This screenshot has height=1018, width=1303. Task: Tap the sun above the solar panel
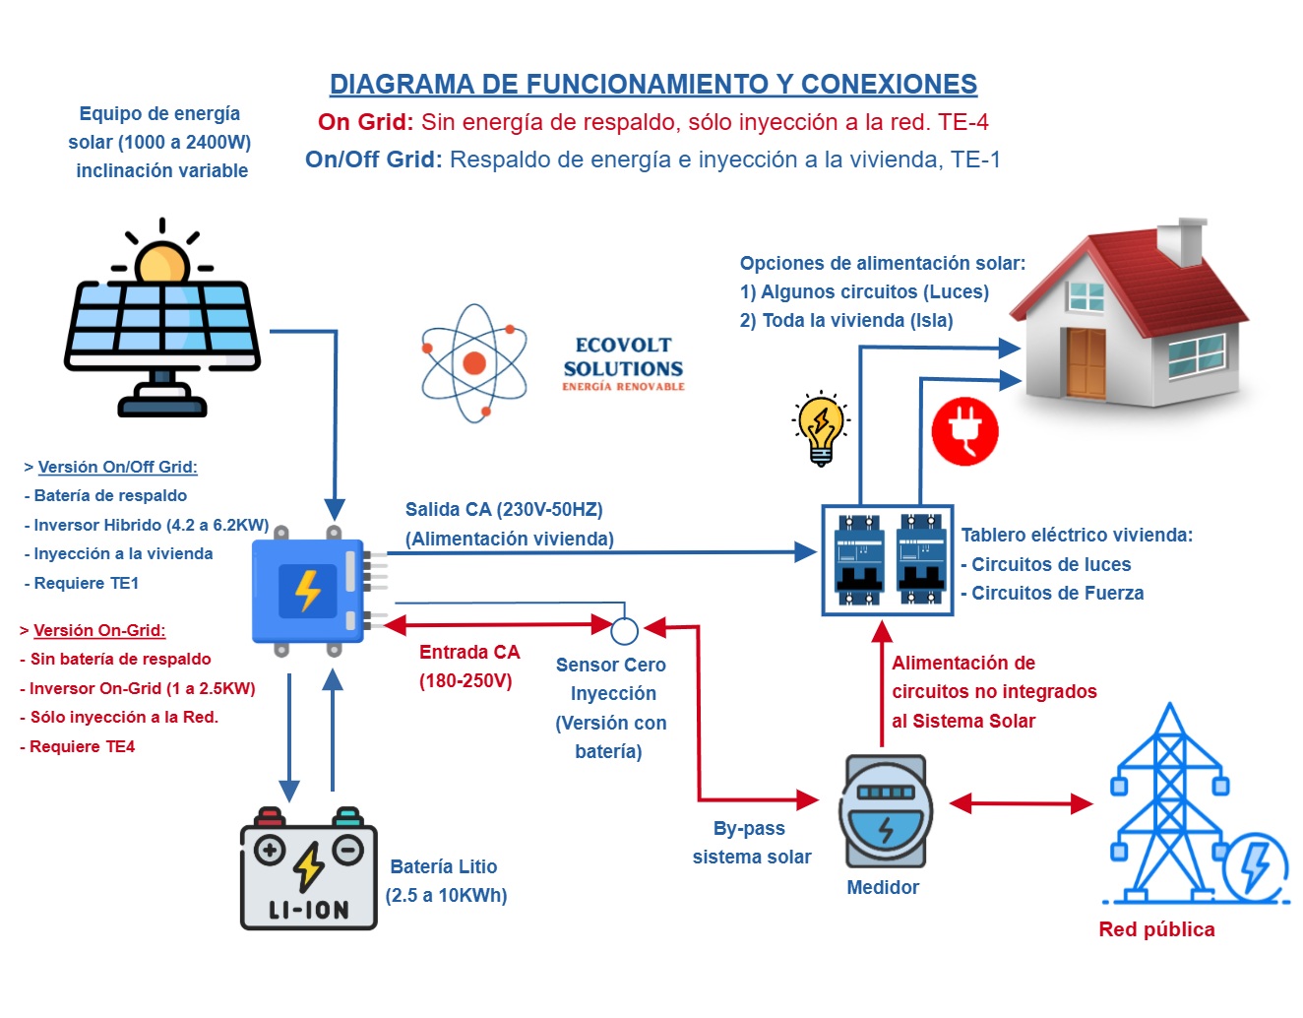[x=161, y=263]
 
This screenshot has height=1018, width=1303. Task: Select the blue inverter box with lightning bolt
[x=309, y=591]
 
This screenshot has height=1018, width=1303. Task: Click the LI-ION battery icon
[x=309, y=871]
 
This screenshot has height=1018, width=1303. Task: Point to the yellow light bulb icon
[x=821, y=427]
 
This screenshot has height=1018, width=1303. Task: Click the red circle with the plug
[x=964, y=431]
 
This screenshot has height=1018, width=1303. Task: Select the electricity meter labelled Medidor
[x=886, y=810]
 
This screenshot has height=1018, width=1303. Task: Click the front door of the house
[x=1086, y=362]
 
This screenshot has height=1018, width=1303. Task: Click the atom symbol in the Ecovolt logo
[x=474, y=362]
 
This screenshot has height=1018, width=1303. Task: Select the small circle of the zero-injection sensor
[x=624, y=630]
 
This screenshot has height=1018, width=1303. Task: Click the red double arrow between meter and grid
[x=1021, y=803]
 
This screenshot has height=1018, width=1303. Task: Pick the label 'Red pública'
[x=1156, y=929]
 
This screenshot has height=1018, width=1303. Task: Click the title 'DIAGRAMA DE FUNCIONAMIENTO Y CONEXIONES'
[x=653, y=85]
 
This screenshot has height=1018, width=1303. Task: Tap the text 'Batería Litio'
[x=444, y=866]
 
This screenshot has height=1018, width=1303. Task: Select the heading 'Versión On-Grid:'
[x=99, y=630]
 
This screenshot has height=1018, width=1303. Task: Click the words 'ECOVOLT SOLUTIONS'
[x=623, y=357]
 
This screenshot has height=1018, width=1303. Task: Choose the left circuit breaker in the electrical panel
[x=858, y=559]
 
